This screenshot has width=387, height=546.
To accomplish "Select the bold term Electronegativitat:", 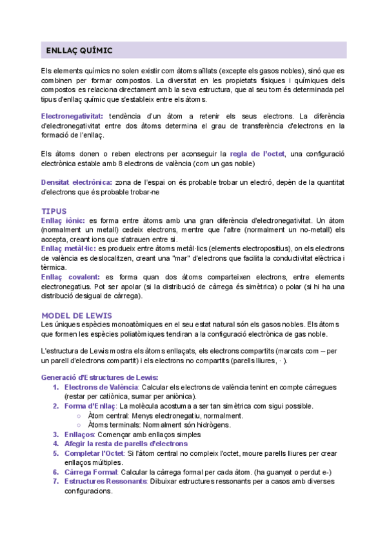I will click(x=71, y=115).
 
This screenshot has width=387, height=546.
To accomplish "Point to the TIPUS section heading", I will click(x=54, y=211).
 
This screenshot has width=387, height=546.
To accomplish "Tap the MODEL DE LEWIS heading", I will click(x=76, y=315).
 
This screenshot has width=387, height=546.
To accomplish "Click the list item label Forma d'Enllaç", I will click(x=90, y=406).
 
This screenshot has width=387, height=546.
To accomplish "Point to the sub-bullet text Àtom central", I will click(x=110, y=416).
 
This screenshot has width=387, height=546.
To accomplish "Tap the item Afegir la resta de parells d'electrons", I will click(x=126, y=444).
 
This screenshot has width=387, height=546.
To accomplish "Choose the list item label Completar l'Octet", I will click(x=94, y=453).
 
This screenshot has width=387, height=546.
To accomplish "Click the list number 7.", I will click(x=55, y=482).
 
